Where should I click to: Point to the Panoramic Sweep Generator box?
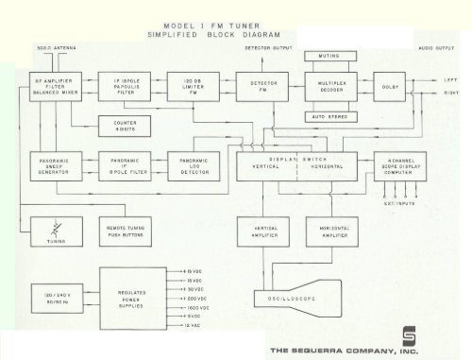click(x=51, y=165)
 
